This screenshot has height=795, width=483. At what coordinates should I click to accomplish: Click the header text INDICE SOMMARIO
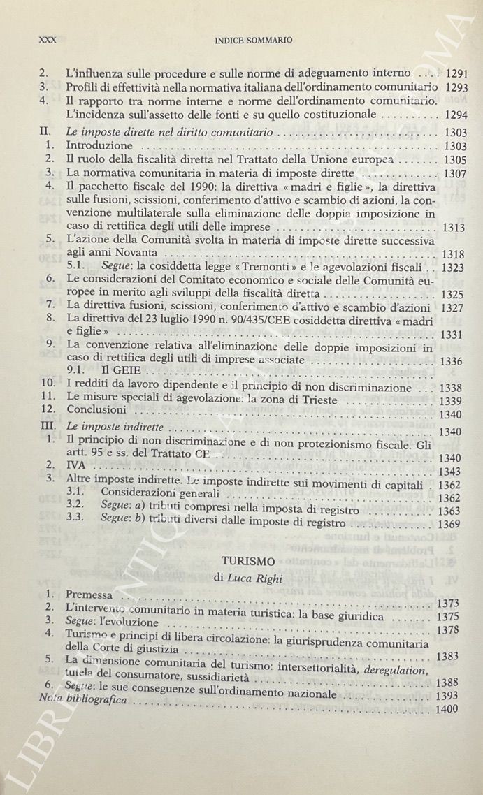253,40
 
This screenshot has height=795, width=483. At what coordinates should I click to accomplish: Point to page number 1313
454,227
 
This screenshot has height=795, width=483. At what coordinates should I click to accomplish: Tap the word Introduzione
99,146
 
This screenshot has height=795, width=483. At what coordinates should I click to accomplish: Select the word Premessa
88,596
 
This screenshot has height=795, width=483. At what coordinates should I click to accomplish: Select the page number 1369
448,523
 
